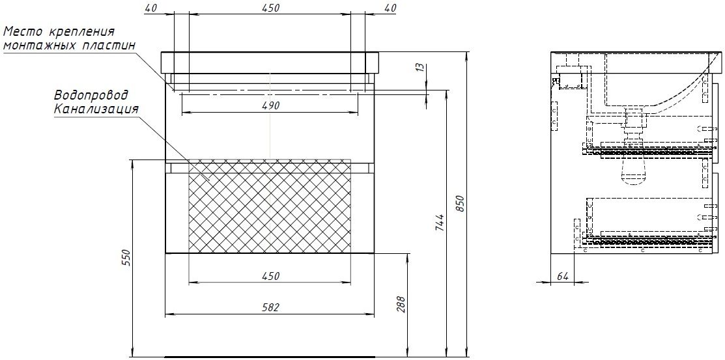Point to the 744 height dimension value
click(440, 222)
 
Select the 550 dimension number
click(126, 257)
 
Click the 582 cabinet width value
click(270, 307)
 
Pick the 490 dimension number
click(270, 105)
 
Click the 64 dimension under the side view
click(562, 277)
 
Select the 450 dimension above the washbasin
click(270, 8)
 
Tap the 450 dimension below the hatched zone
click(270, 277)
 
